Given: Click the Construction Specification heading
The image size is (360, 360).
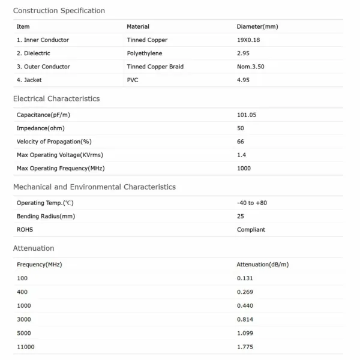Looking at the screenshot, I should pos(59,11).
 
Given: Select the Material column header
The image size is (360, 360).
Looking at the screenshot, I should pos(138,26).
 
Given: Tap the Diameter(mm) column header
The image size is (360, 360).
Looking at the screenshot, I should pos(257,26).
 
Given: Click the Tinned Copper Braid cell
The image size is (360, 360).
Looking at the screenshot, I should pos(154,67).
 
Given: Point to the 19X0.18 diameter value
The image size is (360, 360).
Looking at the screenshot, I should pos(248,40).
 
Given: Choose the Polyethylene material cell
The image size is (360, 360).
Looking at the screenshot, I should pos(145,53).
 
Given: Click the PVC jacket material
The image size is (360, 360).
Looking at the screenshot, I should pos(133,80).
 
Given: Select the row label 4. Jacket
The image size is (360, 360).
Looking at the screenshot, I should pos(29,80).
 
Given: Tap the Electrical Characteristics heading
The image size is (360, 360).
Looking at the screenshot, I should pos(56,98).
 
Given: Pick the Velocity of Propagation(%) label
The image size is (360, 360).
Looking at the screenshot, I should pos(54,142).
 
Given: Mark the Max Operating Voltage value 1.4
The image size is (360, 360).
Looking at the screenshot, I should pos(241,155).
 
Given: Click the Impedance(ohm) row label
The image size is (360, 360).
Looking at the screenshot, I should pos(41,128).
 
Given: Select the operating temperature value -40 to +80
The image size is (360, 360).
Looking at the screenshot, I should pos(252,203).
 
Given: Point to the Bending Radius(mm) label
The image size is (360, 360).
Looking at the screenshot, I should pos(46,216).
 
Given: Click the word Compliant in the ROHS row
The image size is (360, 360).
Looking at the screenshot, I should pos(251,229).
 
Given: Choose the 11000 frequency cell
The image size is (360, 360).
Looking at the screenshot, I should pos(26,347).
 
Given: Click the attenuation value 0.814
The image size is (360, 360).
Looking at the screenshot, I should pos(245,319).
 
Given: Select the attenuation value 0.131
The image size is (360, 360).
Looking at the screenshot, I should pos(245,278).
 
